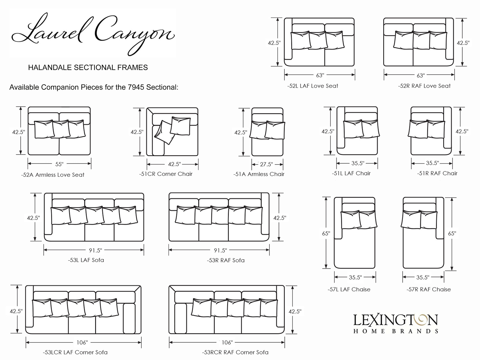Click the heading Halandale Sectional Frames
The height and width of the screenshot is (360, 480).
[x=88, y=68]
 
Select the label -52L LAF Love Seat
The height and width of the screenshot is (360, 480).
[x=313, y=86]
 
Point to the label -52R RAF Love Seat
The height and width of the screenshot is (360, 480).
[x=424, y=86]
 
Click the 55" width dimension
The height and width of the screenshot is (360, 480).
[x=59, y=164]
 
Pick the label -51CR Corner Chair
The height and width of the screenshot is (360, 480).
[x=166, y=174]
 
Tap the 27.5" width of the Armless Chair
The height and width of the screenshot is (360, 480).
[x=266, y=164]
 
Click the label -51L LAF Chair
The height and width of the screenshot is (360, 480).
[x=351, y=173]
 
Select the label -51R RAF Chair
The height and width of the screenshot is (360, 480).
[x=437, y=173]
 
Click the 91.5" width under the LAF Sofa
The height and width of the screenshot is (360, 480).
[x=95, y=250]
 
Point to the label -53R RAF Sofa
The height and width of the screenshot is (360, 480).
[x=225, y=260]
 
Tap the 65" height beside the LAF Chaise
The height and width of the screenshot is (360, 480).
[x=326, y=233]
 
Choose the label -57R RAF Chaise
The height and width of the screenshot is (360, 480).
[x=428, y=289]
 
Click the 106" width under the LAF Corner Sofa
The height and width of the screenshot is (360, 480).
[x=82, y=342]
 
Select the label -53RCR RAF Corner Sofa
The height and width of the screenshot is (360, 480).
[x=235, y=352]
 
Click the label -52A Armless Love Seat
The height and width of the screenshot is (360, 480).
[x=52, y=175]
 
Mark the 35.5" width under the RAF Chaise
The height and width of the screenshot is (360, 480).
[x=423, y=277]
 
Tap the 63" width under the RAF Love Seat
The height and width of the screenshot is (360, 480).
[x=421, y=75]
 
